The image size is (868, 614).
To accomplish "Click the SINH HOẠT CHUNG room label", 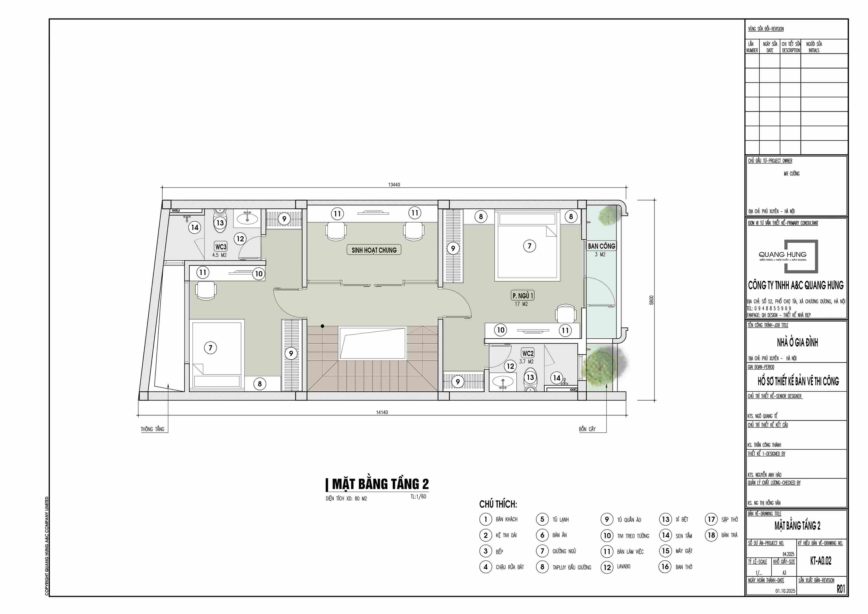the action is pyautogui.click(x=374, y=250).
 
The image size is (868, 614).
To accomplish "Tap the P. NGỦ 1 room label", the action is pyautogui.click(x=523, y=295).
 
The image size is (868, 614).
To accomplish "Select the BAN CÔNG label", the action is pyautogui.click(x=601, y=246).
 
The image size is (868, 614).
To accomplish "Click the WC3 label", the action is pyautogui.click(x=221, y=247).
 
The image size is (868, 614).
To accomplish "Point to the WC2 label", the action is pyautogui.click(x=528, y=353).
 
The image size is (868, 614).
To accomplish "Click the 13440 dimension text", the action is pyautogui.click(x=394, y=185).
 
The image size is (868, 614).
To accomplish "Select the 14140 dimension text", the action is pyautogui.click(x=382, y=412).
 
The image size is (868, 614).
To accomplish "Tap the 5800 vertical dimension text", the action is pyautogui.click(x=651, y=300).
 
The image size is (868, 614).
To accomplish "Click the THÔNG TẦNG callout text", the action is pyautogui.click(x=152, y=429).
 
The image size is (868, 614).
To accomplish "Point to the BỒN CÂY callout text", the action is pyautogui.click(x=587, y=429).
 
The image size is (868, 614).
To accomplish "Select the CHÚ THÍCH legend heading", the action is pyautogui.click(x=498, y=504).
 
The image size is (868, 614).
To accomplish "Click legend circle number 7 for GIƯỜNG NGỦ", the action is pyautogui.click(x=542, y=551).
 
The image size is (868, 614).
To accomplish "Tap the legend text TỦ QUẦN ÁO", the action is pyautogui.click(x=629, y=520).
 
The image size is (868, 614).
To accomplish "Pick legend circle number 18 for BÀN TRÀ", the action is pyautogui.click(x=711, y=535).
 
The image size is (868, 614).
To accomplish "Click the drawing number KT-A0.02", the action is pyautogui.click(x=821, y=561).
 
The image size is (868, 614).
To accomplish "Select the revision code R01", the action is pyautogui.click(x=841, y=589).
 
